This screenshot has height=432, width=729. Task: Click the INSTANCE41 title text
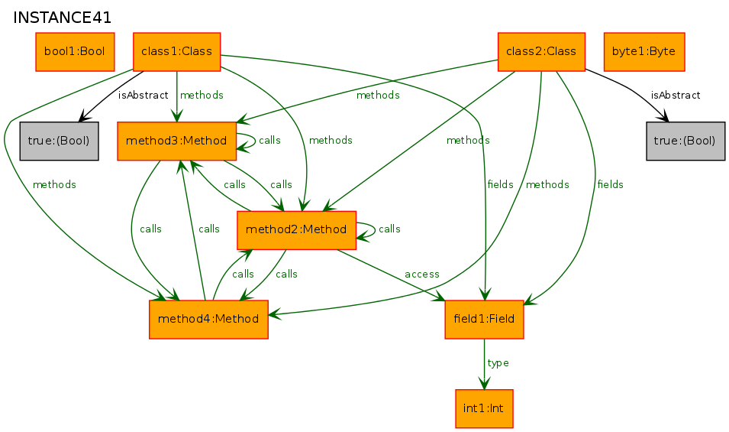[x=63, y=18]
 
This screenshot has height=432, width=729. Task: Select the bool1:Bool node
[x=75, y=52]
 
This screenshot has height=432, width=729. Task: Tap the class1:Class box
[x=176, y=52]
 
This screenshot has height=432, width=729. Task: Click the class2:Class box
[x=541, y=52]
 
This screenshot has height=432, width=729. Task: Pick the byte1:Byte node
[x=644, y=52]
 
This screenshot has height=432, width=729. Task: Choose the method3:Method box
[x=176, y=141]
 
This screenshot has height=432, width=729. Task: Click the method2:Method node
[x=296, y=230]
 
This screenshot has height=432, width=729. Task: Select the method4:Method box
[x=208, y=320]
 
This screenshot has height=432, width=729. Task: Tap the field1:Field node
[x=484, y=320]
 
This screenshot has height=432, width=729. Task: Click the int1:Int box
[x=484, y=409]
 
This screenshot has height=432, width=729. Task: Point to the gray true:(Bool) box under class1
[x=59, y=141]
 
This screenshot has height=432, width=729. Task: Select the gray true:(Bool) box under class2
[x=685, y=141]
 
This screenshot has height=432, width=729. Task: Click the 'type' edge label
[x=498, y=363]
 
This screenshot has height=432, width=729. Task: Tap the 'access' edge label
[x=421, y=274]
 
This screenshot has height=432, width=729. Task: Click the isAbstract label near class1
[x=144, y=96]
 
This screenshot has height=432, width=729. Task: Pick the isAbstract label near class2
[x=676, y=96]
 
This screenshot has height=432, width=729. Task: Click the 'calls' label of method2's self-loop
[x=389, y=229]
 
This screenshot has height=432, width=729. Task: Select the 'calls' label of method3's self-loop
[x=269, y=140]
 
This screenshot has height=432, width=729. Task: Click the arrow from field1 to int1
[x=484, y=364]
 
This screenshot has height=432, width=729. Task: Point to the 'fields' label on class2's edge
[x=611, y=185]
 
